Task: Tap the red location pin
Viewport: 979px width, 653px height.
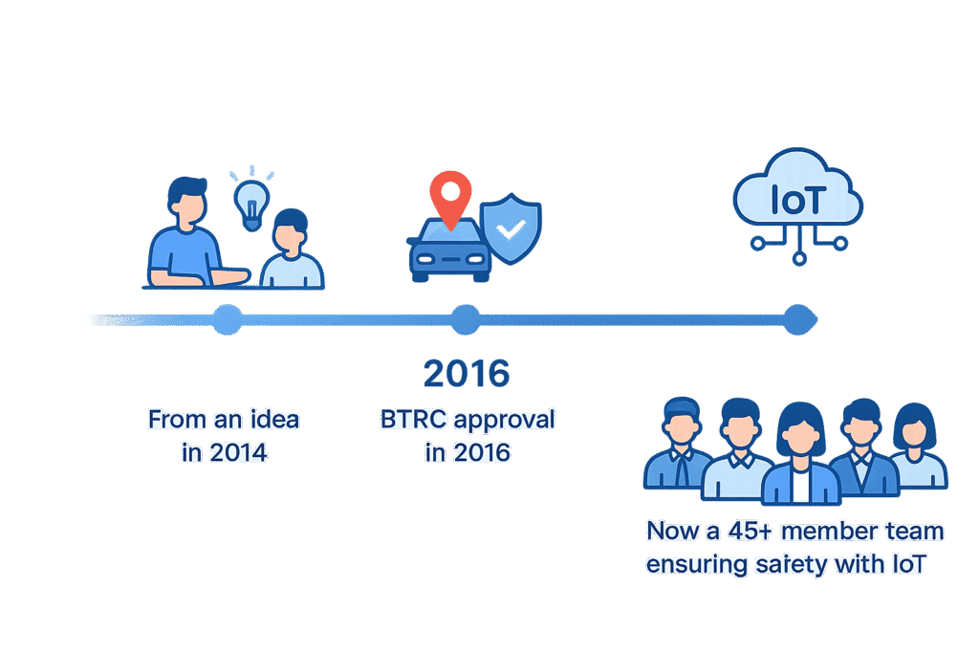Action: coord(450,195)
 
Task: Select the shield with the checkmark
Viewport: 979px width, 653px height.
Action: coord(511,230)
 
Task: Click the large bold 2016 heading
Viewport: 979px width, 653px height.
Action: coord(466,374)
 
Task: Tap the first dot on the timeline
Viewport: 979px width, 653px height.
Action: coord(227,319)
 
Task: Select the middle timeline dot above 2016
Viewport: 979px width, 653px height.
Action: coord(466,319)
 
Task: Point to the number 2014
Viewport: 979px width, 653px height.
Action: coord(238,452)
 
